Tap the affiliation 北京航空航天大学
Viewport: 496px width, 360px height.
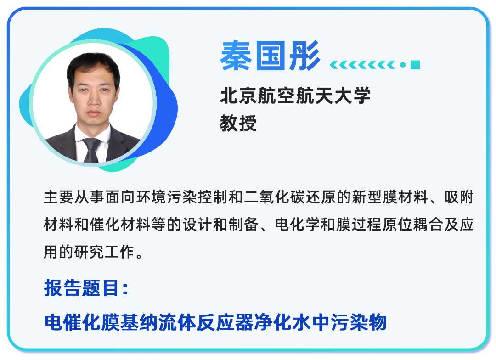[x=295, y=96]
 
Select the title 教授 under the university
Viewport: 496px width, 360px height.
[x=238, y=123]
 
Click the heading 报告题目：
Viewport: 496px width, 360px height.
[x=87, y=288]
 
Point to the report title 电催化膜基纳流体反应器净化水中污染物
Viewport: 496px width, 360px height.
[x=216, y=322]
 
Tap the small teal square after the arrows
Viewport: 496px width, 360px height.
[x=415, y=65]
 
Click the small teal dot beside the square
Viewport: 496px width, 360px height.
[x=402, y=65]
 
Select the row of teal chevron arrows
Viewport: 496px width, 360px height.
[x=363, y=65]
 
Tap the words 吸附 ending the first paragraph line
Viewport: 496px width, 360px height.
[x=459, y=199]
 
